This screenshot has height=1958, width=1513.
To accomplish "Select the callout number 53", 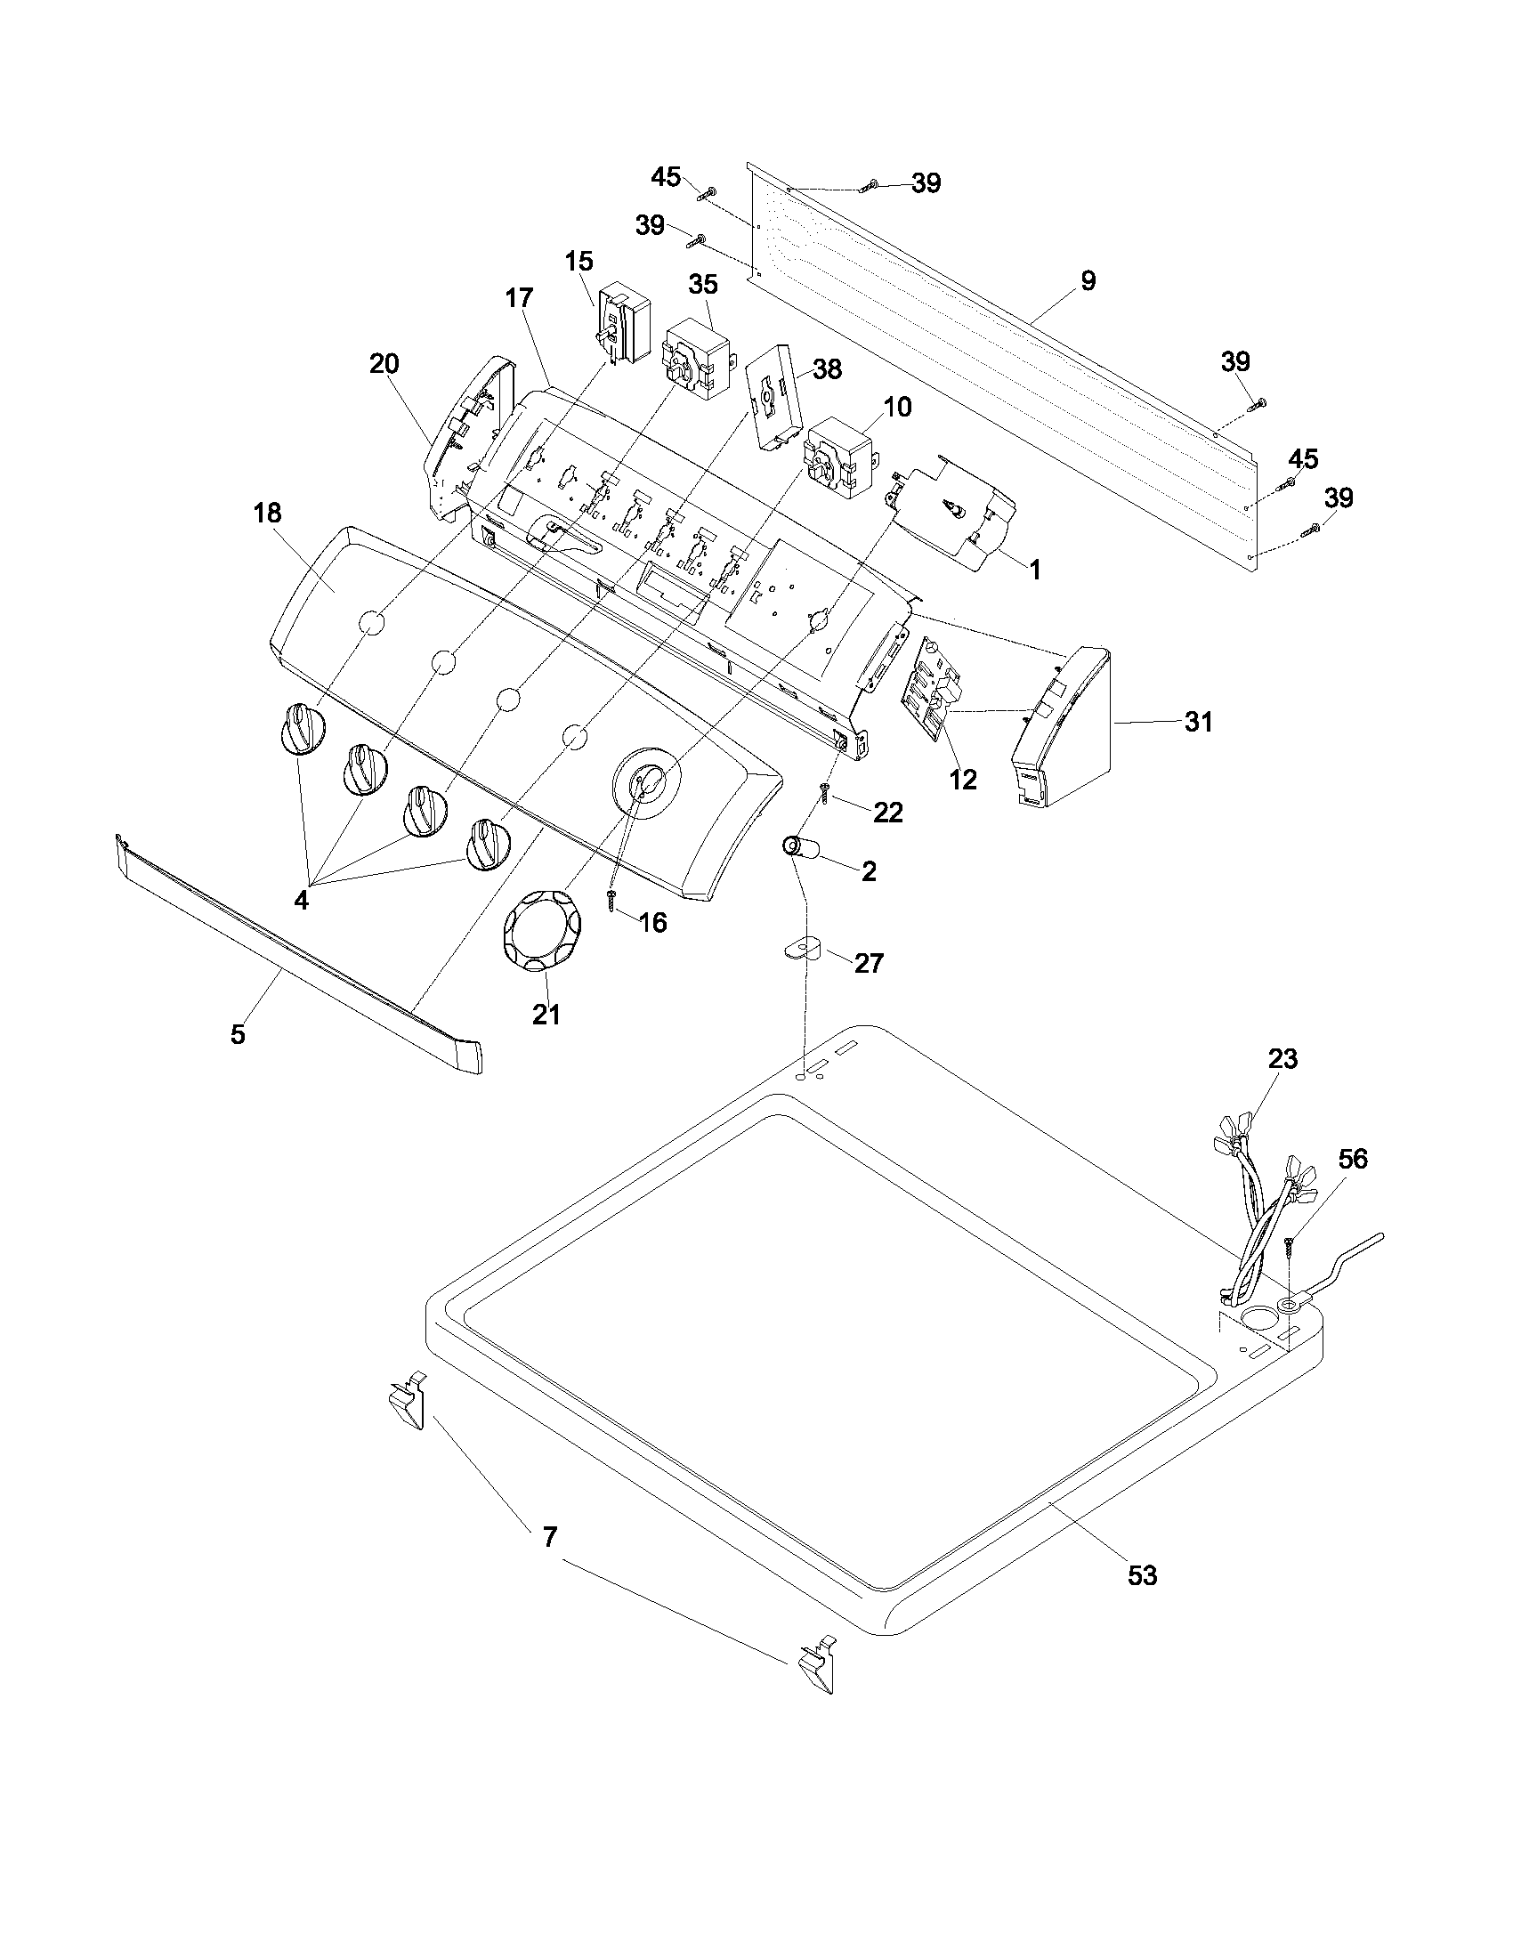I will (1142, 1575).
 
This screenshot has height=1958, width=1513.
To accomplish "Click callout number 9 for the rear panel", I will (1088, 280).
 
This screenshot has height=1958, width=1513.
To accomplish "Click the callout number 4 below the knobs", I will (301, 900).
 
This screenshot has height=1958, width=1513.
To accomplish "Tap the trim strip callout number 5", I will (238, 1033).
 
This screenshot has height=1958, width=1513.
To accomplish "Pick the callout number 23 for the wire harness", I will (1282, 1059).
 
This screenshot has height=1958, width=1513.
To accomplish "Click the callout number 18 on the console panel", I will (267, 513).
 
